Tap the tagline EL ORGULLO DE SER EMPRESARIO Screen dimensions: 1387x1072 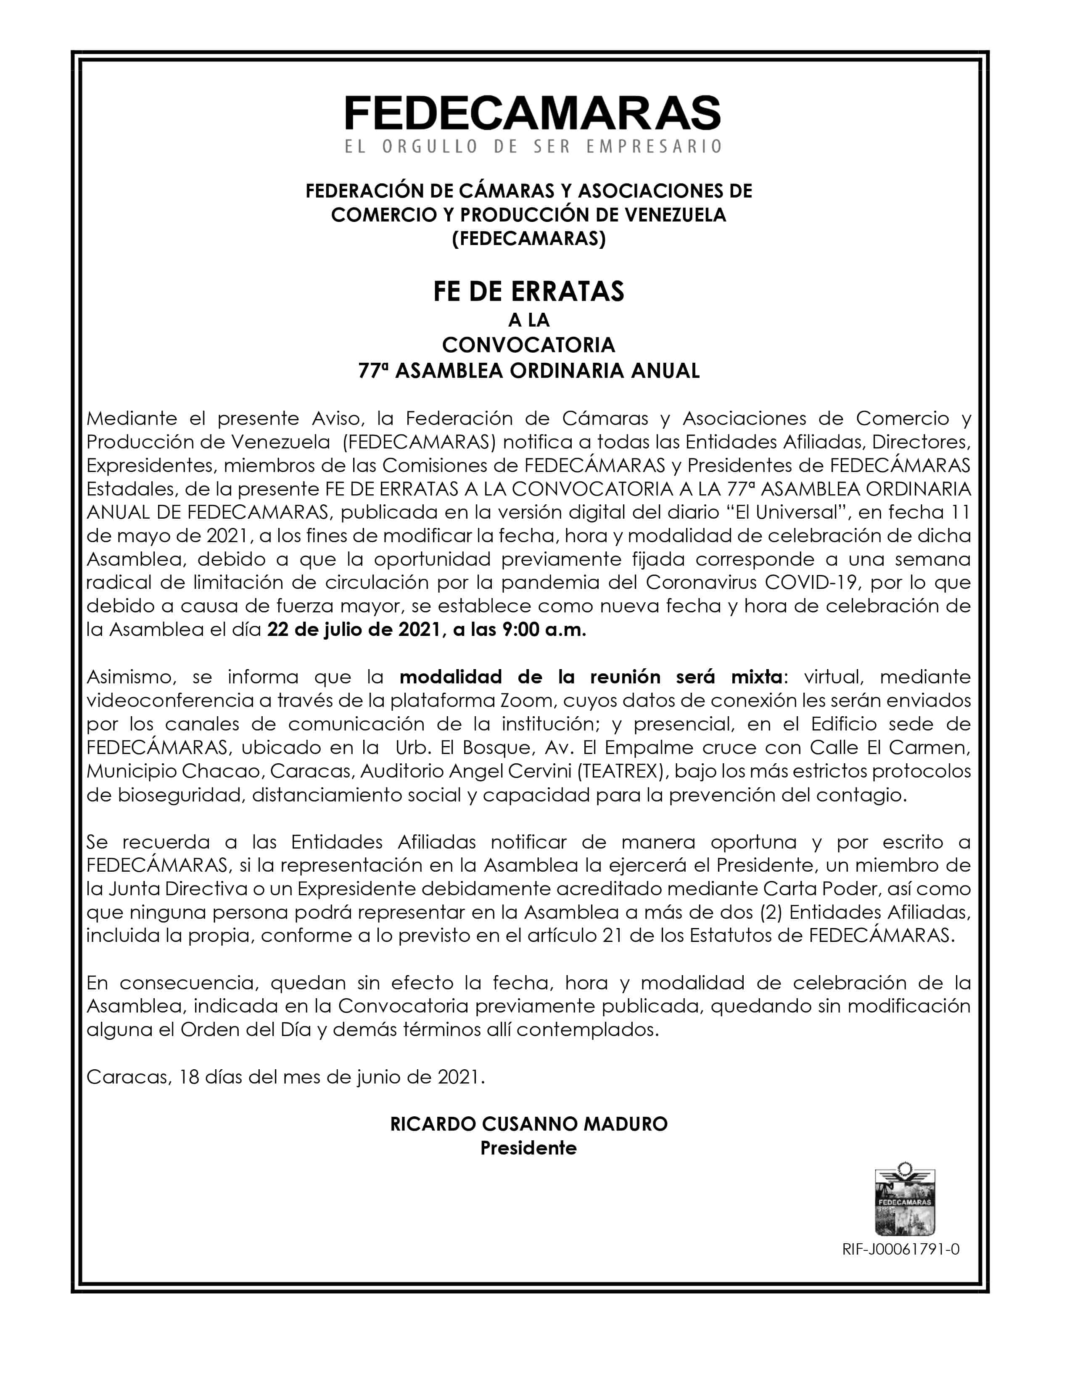pos(532,147)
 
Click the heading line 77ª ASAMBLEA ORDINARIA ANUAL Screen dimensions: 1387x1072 pos(528,370)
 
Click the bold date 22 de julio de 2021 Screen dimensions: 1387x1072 pos(353,630)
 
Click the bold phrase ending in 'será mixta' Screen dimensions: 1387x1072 pos(591,677)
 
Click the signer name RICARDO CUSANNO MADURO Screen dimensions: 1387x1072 pos(528,1124)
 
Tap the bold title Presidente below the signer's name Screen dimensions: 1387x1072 pos(528,1148)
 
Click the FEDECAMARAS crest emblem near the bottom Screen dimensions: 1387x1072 pos(905,1202)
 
